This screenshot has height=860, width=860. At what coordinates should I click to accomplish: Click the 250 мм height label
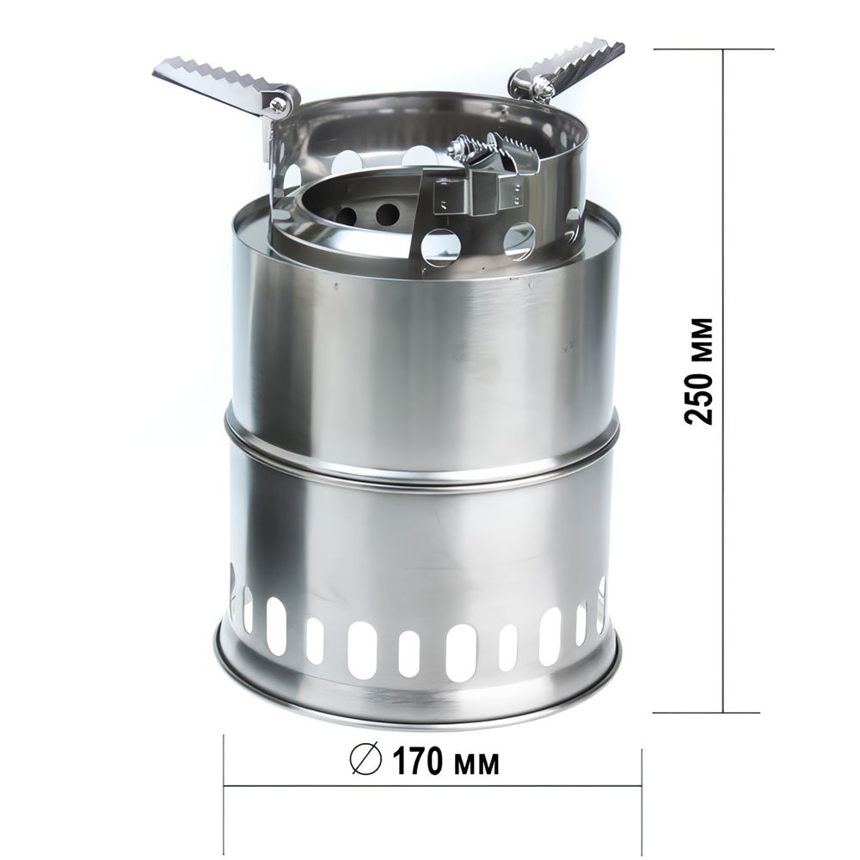pos(698,371)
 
